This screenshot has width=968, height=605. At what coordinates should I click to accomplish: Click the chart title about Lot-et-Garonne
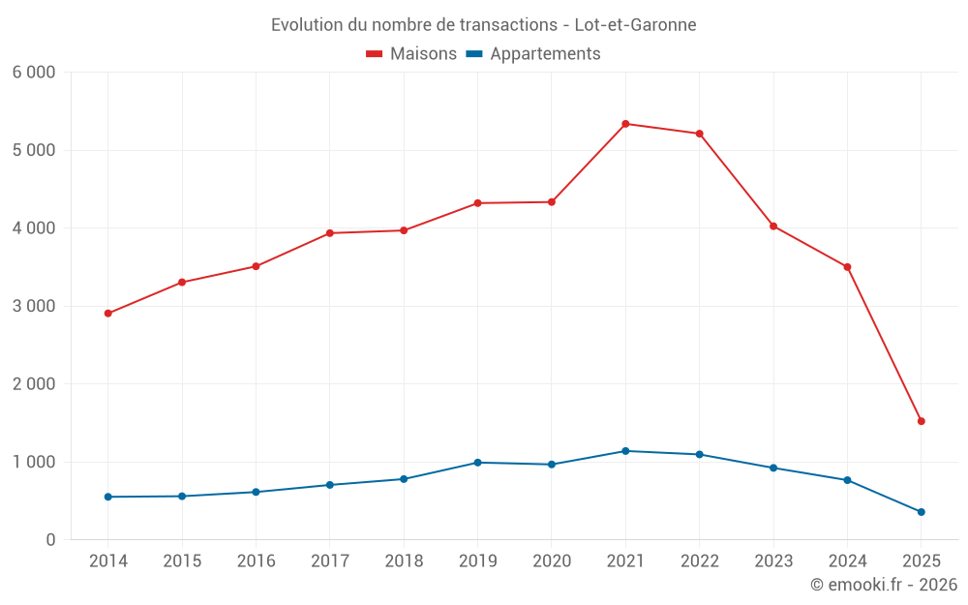coord(483,25)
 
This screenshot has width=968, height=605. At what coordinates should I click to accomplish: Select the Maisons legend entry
coord(411,54)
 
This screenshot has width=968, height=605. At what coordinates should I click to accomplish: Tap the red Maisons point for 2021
coord(625,124)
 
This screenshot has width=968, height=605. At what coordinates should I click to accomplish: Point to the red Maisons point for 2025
coord(921,421)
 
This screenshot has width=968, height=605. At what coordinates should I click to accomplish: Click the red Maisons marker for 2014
coord(107,314)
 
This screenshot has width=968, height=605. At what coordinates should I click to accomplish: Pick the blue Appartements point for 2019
coord(477,463)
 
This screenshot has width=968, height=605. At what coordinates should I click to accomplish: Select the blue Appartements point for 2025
coord(921,512)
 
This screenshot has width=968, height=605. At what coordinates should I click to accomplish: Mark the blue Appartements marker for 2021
coord(625,451)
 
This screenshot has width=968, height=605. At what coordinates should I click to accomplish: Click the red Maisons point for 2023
coord(773,227)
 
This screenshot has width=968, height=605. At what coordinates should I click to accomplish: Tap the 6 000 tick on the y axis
coord(34,73)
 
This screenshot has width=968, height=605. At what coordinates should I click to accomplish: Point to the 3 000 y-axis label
coord(34,306)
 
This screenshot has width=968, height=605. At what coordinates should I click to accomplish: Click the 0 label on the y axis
coord(50,540)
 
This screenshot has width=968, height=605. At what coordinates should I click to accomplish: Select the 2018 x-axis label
coord(404,561)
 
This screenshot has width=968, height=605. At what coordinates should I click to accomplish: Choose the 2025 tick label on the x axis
coord(921,561)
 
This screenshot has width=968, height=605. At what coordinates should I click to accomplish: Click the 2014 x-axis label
coord(107,561)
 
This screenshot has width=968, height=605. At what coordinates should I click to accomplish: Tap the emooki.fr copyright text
coord(883,585)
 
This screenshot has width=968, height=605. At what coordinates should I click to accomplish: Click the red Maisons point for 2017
coord(329,233)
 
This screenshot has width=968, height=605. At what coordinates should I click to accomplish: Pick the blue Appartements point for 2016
coord(256,492)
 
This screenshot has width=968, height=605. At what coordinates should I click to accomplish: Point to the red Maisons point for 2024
coord(847,267)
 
